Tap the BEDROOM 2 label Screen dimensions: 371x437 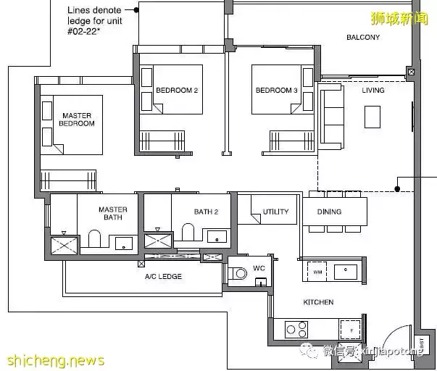click(x=177, y=91)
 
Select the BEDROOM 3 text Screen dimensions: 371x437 click(x=276, y=91)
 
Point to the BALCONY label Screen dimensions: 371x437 click(x=362, y=37)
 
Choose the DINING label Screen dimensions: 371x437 click(x=329, y=212)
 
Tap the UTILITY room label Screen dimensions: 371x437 click(x=275, y=212)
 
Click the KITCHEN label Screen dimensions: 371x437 click(x=319, y=302)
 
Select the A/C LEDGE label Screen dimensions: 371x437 click(x=163, y=277)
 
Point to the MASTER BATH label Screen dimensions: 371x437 click(x=112, y=214)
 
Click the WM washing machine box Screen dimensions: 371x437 click(x=317, y=272)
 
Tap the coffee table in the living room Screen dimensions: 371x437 click(x=373, y=117)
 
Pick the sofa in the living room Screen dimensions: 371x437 click(x=332, y=116)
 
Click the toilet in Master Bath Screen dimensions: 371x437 click(x=94, y=239)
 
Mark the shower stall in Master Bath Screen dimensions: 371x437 click(x=64, y=246)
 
